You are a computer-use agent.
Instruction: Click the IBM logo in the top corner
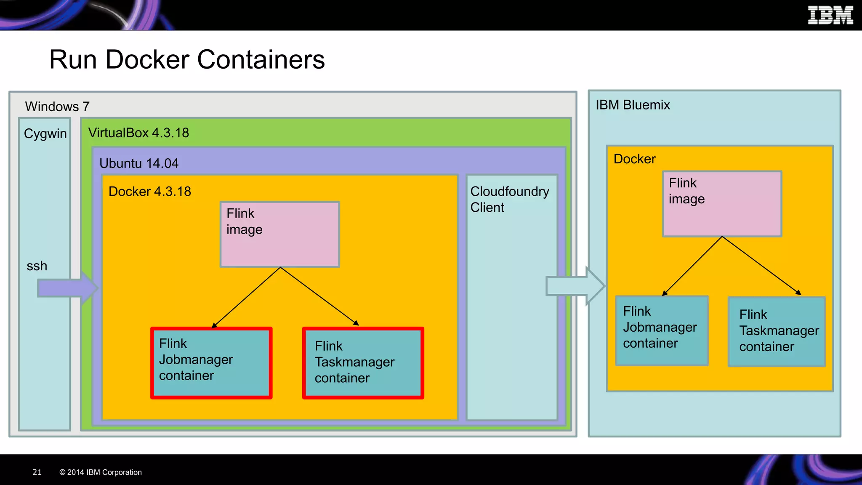[x=830, y=16]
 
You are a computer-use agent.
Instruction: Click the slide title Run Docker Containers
[x=187, y=59]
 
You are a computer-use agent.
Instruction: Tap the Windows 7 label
[x=57, y=107]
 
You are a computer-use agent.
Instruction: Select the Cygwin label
[x=45, y=133]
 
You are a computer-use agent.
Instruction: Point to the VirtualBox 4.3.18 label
[x=138, y=133]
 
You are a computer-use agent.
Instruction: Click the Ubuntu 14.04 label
[x=139, y=163]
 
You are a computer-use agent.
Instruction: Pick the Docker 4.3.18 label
[x=150, y=192]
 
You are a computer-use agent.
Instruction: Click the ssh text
[x=37, y=266]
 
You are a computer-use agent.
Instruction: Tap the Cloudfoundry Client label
[x=509, y=199]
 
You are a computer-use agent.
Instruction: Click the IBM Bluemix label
[x=632, y=105]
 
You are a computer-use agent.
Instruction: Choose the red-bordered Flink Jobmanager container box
[x=211, y=363]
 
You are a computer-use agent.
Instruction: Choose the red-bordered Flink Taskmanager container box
[x=363, y=363]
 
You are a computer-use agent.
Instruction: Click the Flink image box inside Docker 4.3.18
[x=279, y=235]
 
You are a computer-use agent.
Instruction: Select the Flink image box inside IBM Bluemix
[x=722, y=204]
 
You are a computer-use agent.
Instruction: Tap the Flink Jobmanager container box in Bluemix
[x=662, y=330]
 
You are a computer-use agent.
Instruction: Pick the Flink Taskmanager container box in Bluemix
[x=777, y=332]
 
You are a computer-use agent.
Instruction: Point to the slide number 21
[x=37, y=472]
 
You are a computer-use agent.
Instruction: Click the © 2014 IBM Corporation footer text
[x=101, y=472]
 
